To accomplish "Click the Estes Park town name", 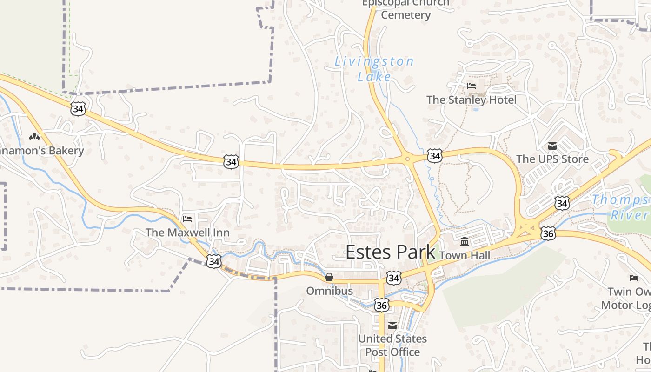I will [x=390, y=252].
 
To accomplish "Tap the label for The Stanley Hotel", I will [x=471, y=100].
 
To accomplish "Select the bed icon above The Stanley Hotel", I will [x=471, y=86].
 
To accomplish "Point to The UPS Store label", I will [x=552, y=159].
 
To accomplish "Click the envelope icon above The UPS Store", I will [x=552, y=146].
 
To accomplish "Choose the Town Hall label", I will [x=464, y=255].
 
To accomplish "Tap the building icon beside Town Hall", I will [x=465, y=242].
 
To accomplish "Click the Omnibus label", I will [x=329, y=291].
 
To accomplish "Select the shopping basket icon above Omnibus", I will [x=329, y=278].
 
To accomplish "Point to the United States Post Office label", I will [x=392, y=345].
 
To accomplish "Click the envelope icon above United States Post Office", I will [x=392, y=325].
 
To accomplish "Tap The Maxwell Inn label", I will [x=187, y=232].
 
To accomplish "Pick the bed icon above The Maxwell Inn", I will [x=187, y=219].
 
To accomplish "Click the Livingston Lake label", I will [x=374, y=69].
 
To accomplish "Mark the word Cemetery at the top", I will [x=406, y=15].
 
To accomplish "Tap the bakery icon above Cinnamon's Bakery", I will [x=34, y=137].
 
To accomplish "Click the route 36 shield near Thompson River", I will [x=548, y=233].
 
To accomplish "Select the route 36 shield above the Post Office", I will [x=381, y=305].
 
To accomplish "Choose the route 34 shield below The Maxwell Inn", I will [x=213, y=261].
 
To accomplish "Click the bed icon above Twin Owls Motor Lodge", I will [x=634, y=278].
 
